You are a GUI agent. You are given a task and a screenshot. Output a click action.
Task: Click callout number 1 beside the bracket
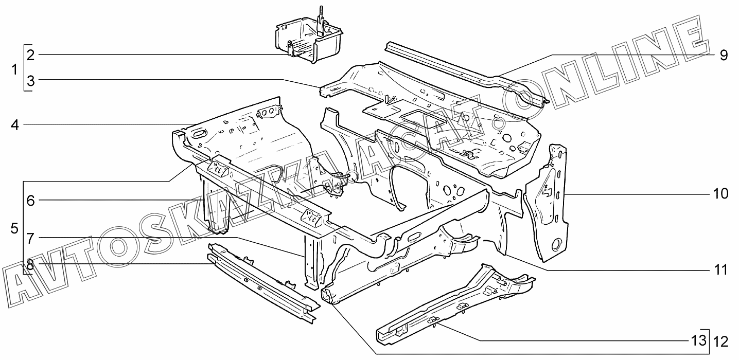coord(15,68)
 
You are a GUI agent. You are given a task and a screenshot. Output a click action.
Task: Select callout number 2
coord(30,55)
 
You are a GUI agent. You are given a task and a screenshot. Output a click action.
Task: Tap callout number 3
coord(30,81)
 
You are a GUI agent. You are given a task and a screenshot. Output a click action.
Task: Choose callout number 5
coord(14,228)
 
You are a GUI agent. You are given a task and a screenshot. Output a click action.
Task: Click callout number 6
coord(30,201)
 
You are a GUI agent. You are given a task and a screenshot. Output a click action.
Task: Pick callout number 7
coord(30,238)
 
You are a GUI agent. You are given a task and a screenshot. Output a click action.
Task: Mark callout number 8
coord(30,264)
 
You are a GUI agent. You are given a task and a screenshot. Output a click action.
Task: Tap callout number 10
coord(720,194)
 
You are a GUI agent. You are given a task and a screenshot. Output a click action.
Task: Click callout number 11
coord(720,269)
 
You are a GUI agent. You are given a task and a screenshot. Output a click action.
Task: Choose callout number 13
coord(697,340)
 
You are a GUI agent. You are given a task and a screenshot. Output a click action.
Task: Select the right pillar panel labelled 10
coord(549,206)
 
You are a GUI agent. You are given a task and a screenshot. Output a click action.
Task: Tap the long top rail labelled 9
coord(463,72)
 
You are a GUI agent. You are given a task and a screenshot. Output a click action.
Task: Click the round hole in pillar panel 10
coord(556,243)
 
